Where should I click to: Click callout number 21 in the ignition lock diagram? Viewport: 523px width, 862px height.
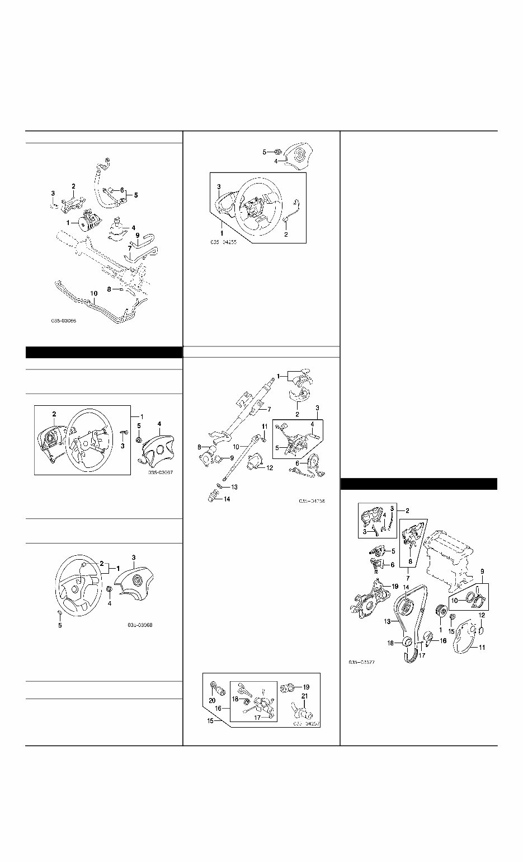305,696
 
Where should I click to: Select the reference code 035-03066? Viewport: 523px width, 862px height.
64,322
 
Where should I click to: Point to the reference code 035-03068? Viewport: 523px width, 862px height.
139,625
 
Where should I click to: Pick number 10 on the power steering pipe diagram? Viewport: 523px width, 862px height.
93,293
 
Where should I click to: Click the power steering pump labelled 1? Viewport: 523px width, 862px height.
86,222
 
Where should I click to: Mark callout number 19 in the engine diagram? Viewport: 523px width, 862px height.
395,586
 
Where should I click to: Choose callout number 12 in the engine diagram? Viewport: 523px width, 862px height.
481,615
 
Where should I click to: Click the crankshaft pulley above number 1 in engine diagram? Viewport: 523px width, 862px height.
440,611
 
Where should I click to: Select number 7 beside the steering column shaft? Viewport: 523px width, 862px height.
269,409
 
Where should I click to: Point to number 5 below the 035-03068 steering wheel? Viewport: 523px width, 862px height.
60,625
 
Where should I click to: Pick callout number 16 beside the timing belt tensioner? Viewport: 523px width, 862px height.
443,641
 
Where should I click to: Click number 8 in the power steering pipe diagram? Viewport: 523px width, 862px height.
109,289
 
